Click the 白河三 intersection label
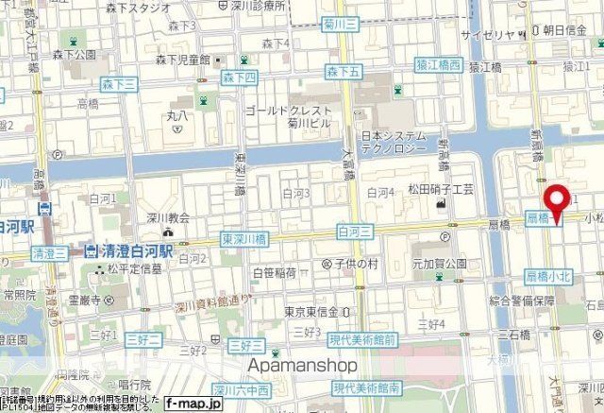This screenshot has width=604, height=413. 355,230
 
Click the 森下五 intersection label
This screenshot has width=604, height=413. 344,71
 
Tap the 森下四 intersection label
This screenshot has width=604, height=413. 239,76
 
